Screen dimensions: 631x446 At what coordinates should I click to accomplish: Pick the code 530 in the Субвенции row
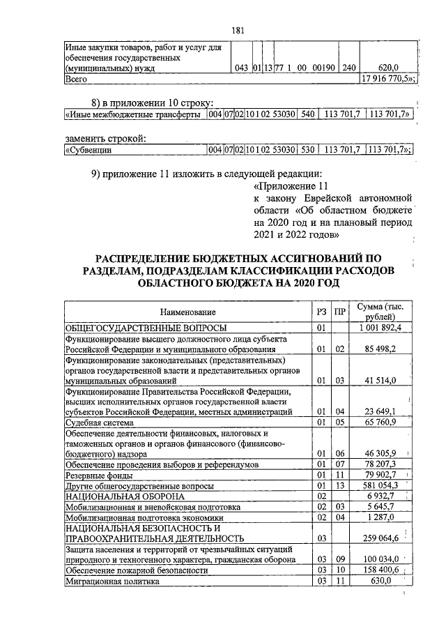(307, 149)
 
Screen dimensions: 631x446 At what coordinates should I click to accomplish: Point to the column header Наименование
(187, 312)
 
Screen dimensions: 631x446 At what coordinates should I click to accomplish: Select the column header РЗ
(321, 312)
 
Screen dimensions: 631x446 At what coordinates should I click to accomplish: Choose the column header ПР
(339, 312)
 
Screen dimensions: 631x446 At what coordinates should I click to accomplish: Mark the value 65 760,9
(382, 423)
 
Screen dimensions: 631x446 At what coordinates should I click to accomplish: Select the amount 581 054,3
(382, 485)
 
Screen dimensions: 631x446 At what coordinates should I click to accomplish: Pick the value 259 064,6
(382, 538)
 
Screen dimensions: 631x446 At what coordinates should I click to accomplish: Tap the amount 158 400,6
(382, 570)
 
